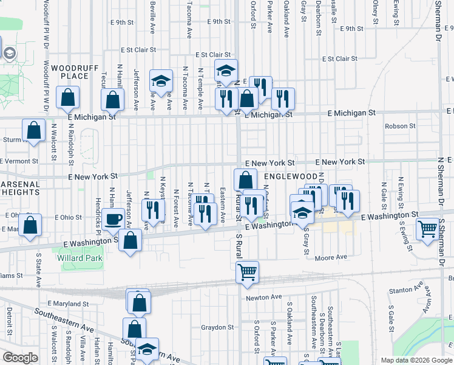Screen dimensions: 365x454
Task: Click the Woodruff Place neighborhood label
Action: click(75, 71)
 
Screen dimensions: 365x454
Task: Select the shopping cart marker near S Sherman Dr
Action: click(428, 229)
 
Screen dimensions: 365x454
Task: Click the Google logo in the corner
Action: click(21, 358)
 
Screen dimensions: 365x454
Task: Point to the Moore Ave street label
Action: click(331, 257)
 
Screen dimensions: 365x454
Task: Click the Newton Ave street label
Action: click(264, 297)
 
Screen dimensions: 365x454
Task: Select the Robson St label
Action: click(400, 126)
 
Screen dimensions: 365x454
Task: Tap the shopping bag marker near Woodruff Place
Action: click(67, 98)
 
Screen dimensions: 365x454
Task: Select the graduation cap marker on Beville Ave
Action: click(161, 82)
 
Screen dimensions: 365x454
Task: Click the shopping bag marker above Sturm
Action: click(33, 130)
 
